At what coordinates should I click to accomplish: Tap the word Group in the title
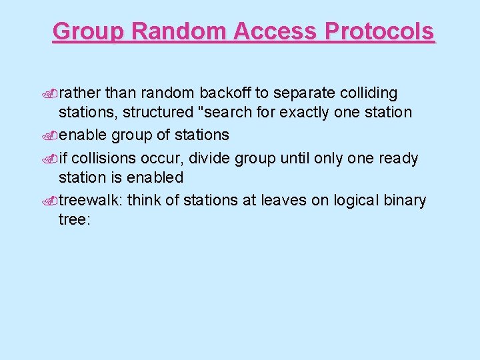coord(88,31)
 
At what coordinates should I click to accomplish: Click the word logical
coord(355,200)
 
